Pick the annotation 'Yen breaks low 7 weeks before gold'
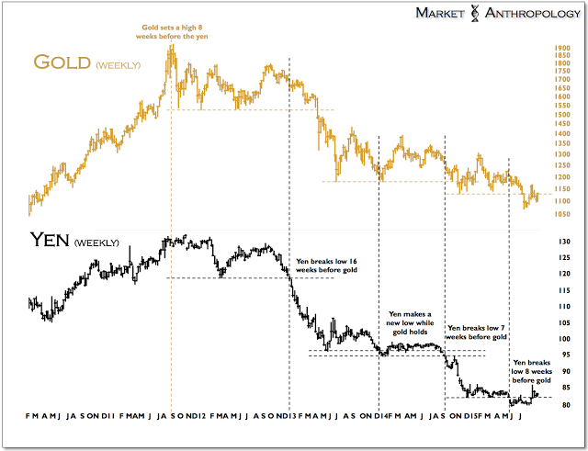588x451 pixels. [476, 333]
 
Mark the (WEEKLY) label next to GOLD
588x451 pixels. [119, 65]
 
